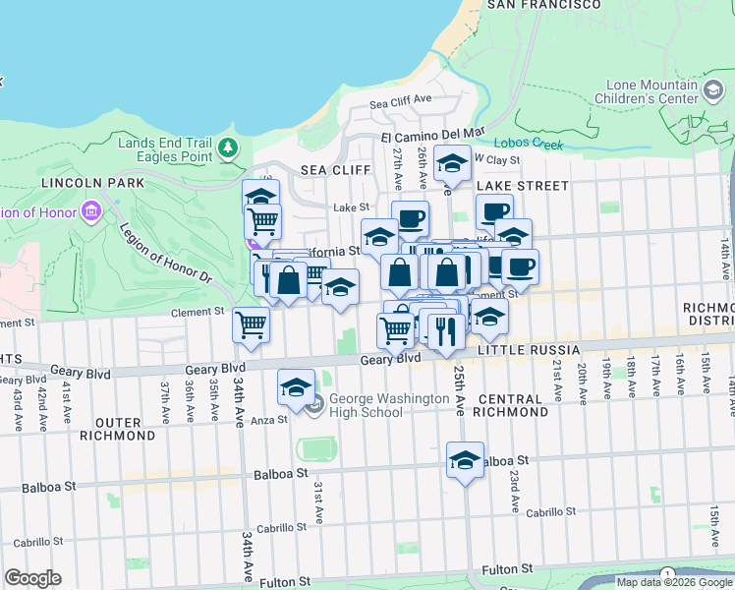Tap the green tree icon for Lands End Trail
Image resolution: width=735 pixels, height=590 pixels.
click(x=228, y=148)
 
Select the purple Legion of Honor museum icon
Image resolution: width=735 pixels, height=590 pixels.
click(x=91, y=210)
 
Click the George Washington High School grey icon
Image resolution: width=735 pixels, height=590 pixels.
click(x=313, y=404)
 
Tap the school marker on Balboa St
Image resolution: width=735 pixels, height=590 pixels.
click(x=465, y=459)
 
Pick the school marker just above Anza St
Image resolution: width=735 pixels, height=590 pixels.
click(x=295, y=386)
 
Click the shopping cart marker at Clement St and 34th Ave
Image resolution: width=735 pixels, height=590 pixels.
click(x=252, y=324)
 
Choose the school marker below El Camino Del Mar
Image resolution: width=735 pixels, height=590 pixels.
click(x=452, y=162)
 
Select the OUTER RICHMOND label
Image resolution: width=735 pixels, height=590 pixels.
click(x=125, y=428)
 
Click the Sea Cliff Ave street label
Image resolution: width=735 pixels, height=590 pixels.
click(x=401, y=101)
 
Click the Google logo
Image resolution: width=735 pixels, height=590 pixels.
click(x=33, y=578)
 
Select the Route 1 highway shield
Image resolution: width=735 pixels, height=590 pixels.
click(x=668, y=573)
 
